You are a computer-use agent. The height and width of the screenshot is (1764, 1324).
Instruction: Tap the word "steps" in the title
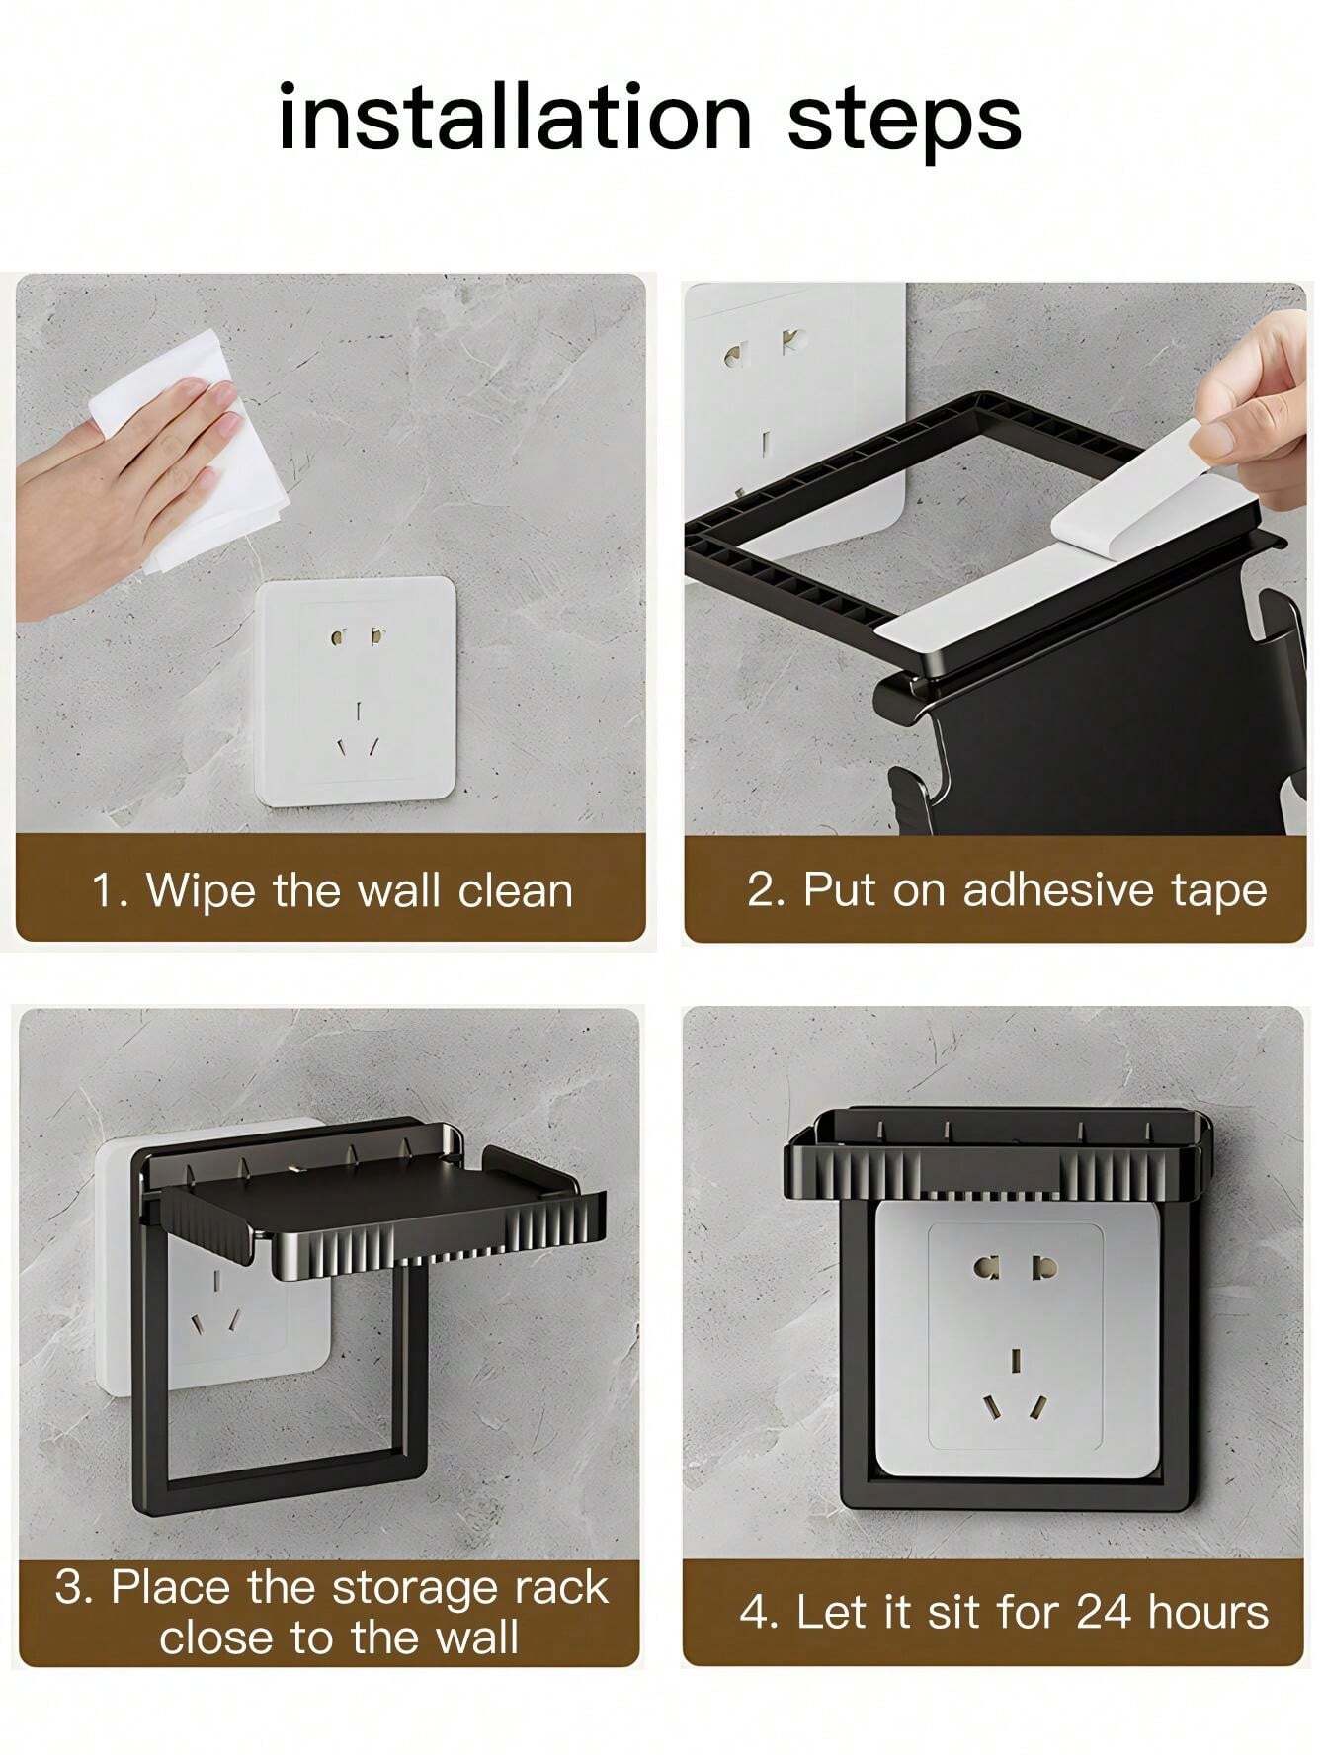pos(904,123)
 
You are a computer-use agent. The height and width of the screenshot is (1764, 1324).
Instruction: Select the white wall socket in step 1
pos(356,690)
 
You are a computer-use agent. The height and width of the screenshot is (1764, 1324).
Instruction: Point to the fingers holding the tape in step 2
pos(1256,404)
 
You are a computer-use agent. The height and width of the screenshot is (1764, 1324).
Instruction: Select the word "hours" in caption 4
pos(1208,1612)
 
